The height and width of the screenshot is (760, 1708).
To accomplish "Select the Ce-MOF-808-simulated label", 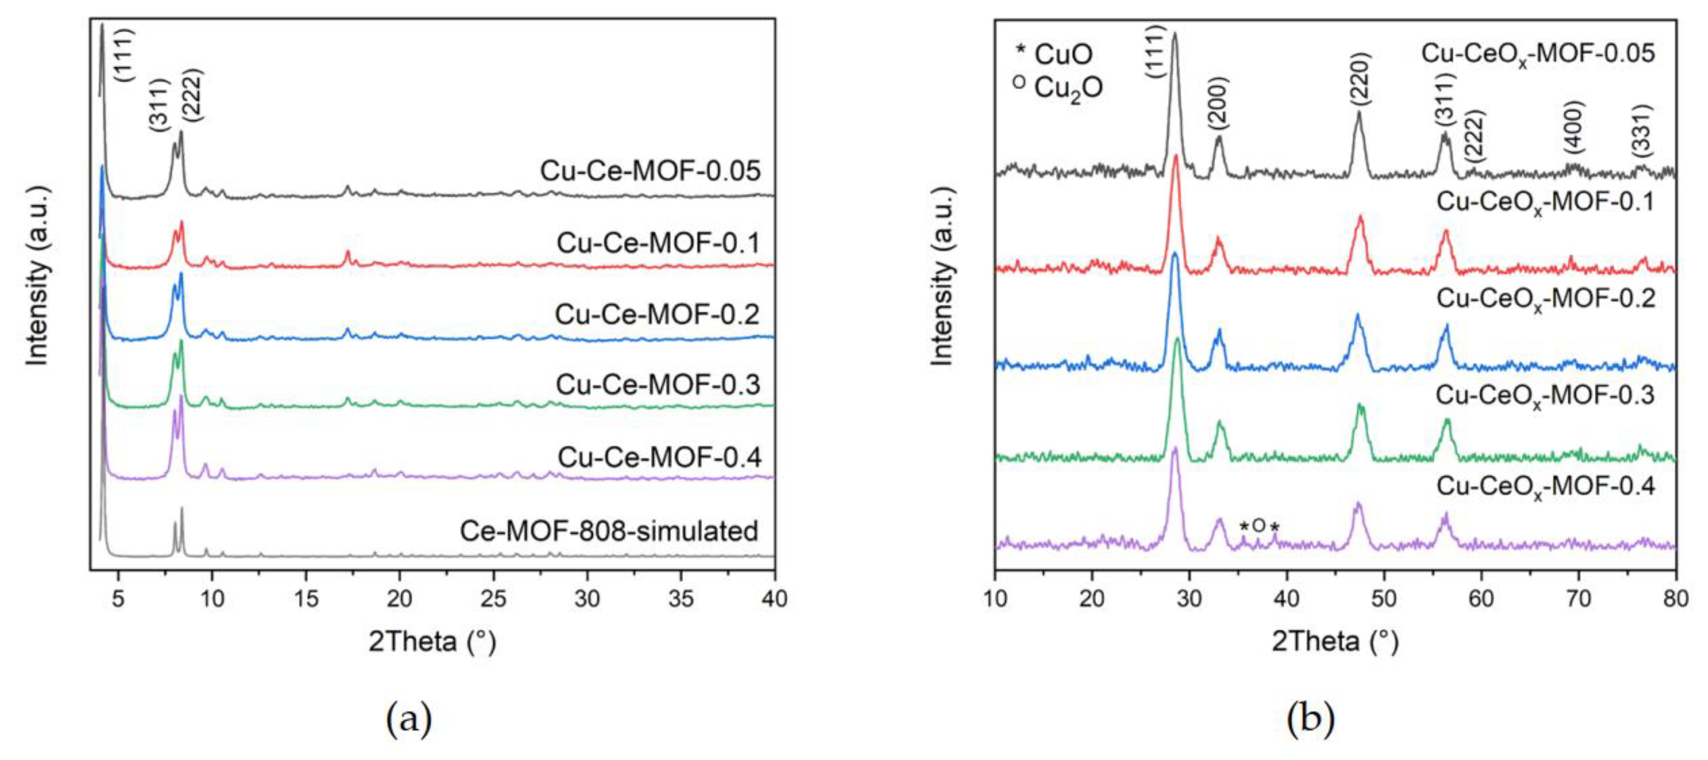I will pos(609,531).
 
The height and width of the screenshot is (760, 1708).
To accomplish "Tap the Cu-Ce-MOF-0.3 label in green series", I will pos(658,385).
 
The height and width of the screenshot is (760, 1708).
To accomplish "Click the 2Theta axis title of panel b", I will pos(1335,641).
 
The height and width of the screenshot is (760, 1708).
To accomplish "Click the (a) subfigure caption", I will pos(409,719).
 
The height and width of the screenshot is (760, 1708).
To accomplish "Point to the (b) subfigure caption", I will pos(1310,719).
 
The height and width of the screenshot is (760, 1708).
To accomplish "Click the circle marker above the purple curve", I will pos(1259,525).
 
